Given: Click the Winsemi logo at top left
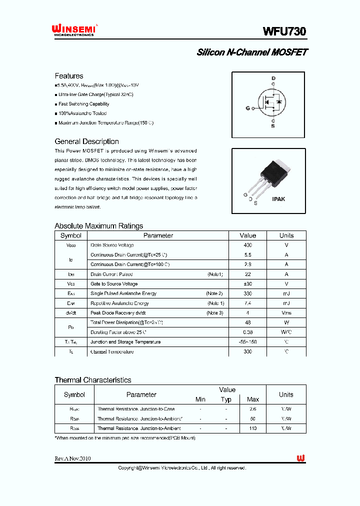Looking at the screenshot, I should pyautogui.click(x=75, y=30).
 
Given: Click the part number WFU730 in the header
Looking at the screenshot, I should pyautogui.click(x=284, y=31).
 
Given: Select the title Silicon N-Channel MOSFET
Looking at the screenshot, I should pyautogui.click(x=252, y=52).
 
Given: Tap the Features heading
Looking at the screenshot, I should pyautogui.click(x=69, y=76).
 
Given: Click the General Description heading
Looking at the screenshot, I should pyautogui.click(x=86, y=141).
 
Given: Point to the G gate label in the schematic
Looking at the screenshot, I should pyautogui.click(x=247, y=108).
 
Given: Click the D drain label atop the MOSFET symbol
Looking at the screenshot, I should pyautogui.click(x=273, y=78).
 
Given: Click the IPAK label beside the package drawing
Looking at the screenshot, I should pyautogui.click(x=278, y=199).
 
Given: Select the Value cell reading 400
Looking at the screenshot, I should pyautogui.click(x=247, y=245).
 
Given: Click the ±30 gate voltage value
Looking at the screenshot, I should pyautogui.click(x=247, y=284).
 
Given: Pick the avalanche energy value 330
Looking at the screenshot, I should pyautogui.click(x=247, y=293).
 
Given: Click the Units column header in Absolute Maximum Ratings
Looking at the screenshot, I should pyautogui.click(x=286, y=235).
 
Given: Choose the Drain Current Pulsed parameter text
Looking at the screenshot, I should pyautogui.click(x=111, y=274).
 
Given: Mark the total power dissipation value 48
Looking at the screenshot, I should pyautogui.click(x=247, y=322).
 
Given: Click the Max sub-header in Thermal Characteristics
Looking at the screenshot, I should pyautogui.click(x=253, y=399).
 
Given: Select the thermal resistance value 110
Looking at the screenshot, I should pyautogui.click(x=253, y=428).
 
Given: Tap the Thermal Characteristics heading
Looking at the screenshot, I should pyautogui.click(x=92, y=380).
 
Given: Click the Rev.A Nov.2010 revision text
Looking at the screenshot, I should pyautogui.click(x=72, y=458).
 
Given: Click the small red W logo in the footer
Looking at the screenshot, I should pyautogui.click(x=300, y=458).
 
